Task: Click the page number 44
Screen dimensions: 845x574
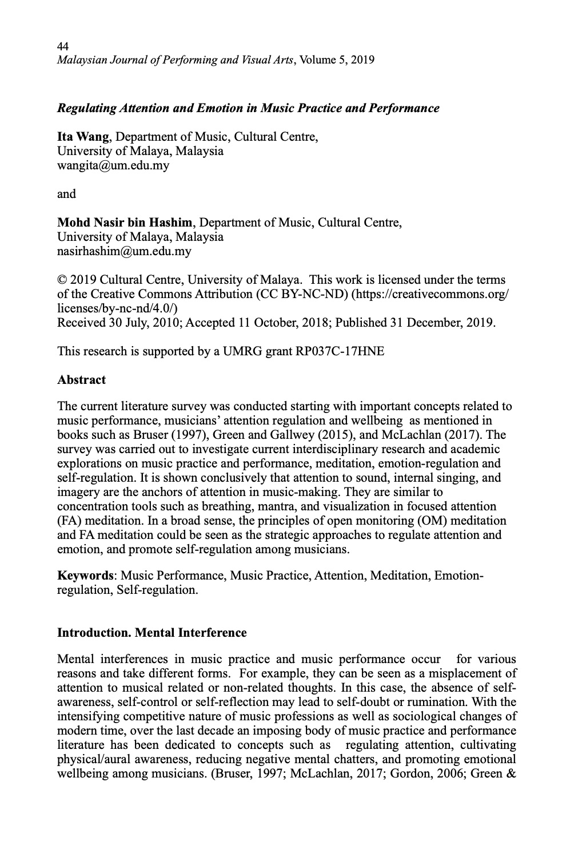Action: tap(63, 46)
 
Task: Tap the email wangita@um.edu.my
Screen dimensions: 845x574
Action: tap(113, 165)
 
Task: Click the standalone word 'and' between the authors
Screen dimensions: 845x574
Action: tap(66, 194)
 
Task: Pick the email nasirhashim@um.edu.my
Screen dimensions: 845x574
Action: tap(124, 251)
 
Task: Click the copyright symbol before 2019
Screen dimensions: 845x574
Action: tap(62, 280)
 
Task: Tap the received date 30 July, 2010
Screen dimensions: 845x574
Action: tap(142, 322)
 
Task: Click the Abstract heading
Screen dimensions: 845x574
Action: tap(81, 380)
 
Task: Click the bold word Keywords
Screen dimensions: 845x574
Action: tap(85, 575)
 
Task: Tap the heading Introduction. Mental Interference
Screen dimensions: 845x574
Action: tap(152, 633)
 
